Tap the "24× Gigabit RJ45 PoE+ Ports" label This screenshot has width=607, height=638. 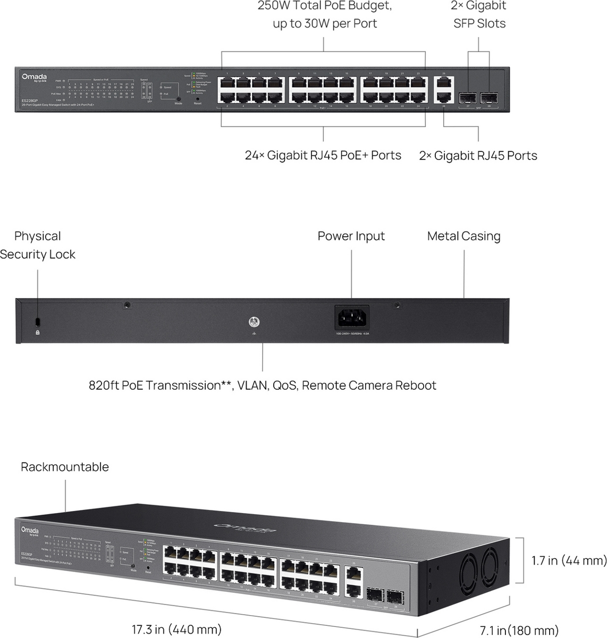[323, 155]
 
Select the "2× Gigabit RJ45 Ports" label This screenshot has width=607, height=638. [478, 156]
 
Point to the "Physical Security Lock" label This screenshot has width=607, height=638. [37, 245]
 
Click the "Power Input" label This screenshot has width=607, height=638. [351, 236]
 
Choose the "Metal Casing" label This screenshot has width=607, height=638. [463, 236]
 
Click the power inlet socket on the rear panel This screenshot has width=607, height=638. [351, 318]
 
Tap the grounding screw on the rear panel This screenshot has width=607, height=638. [254, 322]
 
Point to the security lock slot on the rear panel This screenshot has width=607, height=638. [37, 321]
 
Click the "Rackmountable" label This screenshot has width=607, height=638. [65, 467]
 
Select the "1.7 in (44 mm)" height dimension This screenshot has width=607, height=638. [569, 560]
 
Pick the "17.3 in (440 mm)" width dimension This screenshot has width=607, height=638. [176, 629]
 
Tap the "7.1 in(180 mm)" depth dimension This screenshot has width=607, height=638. [519, 631]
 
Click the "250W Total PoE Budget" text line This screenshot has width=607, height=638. [325, 6]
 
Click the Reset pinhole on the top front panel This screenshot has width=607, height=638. [198, 98]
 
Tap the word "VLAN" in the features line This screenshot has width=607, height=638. [252, 385]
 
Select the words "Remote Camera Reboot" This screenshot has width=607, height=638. [369, 385]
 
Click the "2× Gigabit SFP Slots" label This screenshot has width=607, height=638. [479, 14]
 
